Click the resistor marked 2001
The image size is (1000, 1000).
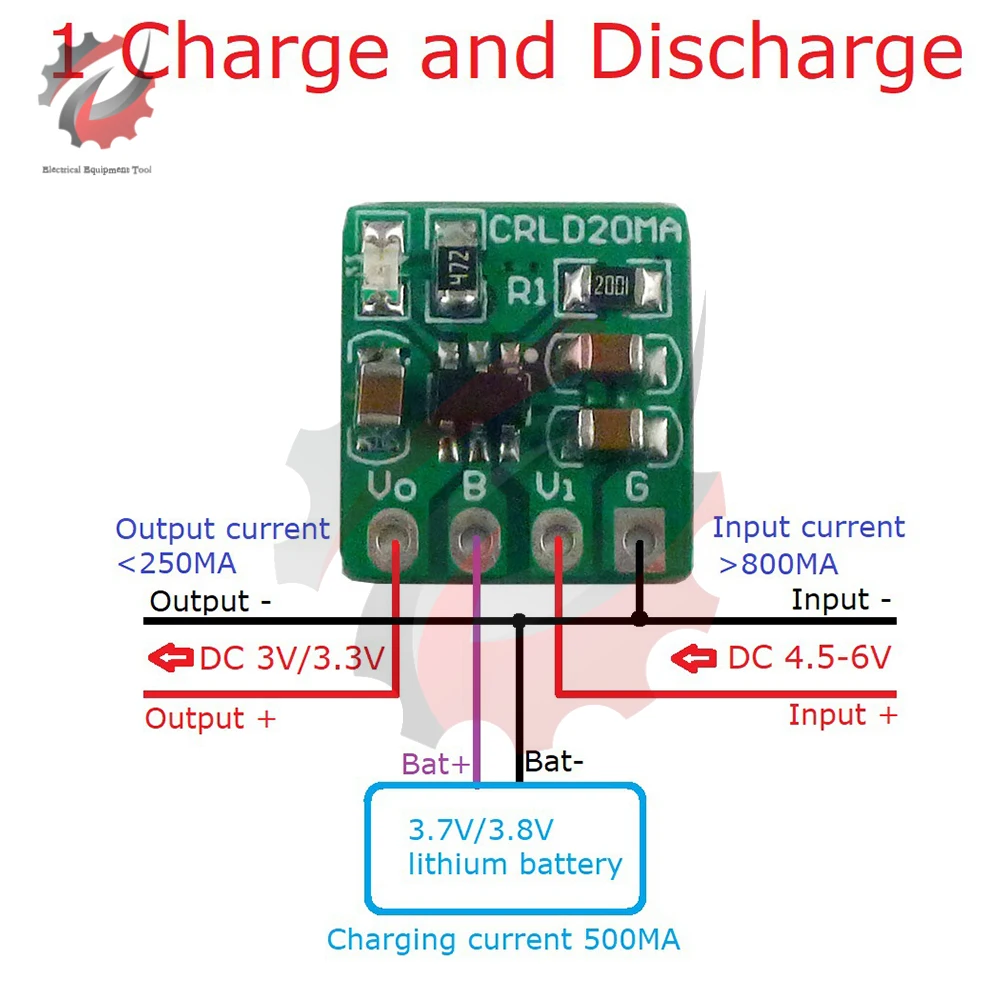611,287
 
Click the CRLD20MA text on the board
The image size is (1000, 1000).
585,231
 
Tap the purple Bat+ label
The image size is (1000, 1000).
435,765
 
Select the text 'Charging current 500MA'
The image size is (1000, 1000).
503,940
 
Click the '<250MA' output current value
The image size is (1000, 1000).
177,563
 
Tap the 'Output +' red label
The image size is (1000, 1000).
209,718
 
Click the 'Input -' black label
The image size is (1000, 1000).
843,600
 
